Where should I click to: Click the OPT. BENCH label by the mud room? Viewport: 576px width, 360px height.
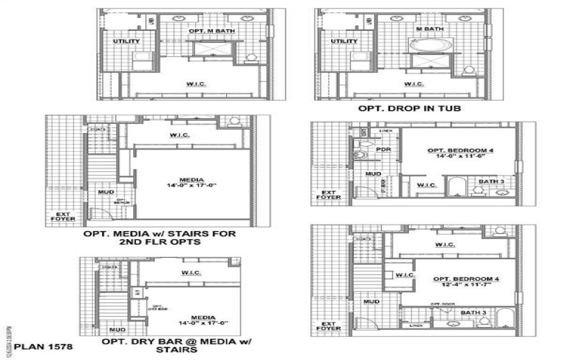[121, 202]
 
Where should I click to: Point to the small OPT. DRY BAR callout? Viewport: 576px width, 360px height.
[158, 307]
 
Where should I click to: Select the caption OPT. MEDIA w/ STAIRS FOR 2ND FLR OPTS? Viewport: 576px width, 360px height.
[159, 238]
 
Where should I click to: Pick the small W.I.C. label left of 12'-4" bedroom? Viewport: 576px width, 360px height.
[405, 274]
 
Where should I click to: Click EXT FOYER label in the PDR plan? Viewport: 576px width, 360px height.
[328, 195]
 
